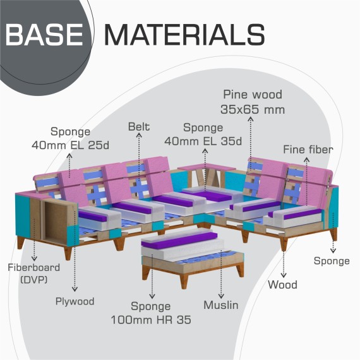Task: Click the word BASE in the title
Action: tap(44, 35)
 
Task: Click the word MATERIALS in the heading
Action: tap(185, 35)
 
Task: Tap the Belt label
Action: tap(139, 126)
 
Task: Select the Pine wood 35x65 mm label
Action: tap(253, 102)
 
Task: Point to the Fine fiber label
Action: tap(308, 150)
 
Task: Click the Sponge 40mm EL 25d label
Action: tap(71, 138)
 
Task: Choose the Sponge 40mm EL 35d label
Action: tap(203, 135)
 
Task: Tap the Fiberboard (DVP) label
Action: tap(34, 273)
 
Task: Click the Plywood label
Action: tap(75, 301)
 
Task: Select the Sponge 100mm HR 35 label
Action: tap(151, 313)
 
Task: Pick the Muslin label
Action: tap(221, 305)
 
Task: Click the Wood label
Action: tap(282, 285)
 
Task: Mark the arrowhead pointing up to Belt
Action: tap(139, 135)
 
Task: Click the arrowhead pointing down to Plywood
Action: tap(75, 290)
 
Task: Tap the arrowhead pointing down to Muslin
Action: tap(221, 296)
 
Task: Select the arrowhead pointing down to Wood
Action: tap(284, 275)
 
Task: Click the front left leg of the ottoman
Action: tap(184, 281)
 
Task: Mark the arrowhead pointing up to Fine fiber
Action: tap(307, 159)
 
